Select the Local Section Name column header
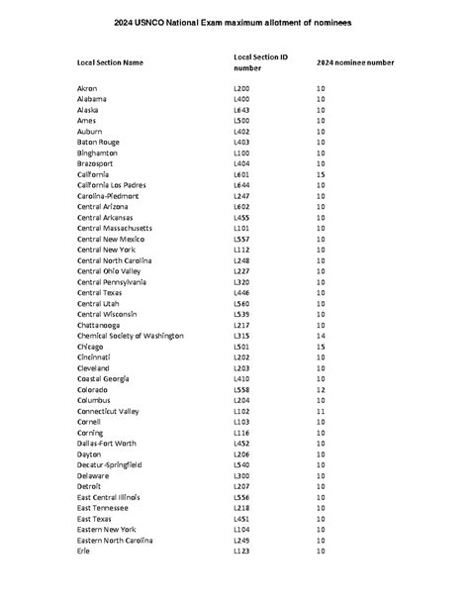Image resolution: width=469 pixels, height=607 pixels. coord(110,63)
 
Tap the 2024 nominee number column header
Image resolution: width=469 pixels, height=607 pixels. coord(354,63)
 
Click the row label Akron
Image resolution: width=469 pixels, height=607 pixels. coord(87,89)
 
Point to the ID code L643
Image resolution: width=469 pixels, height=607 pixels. coord(241,110)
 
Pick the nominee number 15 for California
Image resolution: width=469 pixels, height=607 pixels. coord(321,174)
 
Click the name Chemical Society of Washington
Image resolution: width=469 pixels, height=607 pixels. coord(130,336)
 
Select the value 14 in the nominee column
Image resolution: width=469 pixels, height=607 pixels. coord(321,336)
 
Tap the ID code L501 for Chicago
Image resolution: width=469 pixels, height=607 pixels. coord(241,347)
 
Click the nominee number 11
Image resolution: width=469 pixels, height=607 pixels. coord(321,411)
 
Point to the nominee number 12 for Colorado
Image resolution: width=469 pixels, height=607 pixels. coord(321,389)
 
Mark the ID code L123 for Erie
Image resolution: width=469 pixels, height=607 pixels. coord(241,551)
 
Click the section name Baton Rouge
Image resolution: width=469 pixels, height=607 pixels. coord(98,143)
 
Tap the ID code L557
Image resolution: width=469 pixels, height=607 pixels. coord(241,239)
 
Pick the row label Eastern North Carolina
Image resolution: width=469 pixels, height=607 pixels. coord(115,540)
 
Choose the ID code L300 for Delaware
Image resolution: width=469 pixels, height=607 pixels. coord(241,475)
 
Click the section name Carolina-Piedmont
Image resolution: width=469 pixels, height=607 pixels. coord(109,196)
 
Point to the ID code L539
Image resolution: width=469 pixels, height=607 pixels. coord(241,314)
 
